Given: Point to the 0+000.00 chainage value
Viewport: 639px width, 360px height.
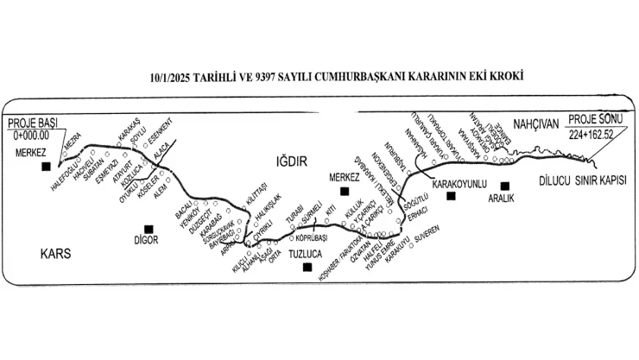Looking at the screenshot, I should point(31,136).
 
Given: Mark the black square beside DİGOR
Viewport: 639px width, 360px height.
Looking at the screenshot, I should point(149,229).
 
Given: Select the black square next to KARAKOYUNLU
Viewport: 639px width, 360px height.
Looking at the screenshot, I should point(451,197).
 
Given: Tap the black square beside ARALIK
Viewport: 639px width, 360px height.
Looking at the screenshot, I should point(505,185).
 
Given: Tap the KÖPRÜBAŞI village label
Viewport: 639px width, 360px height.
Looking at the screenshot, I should point(313,236).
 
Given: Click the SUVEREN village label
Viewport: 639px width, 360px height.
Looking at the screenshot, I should point(429,233).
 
